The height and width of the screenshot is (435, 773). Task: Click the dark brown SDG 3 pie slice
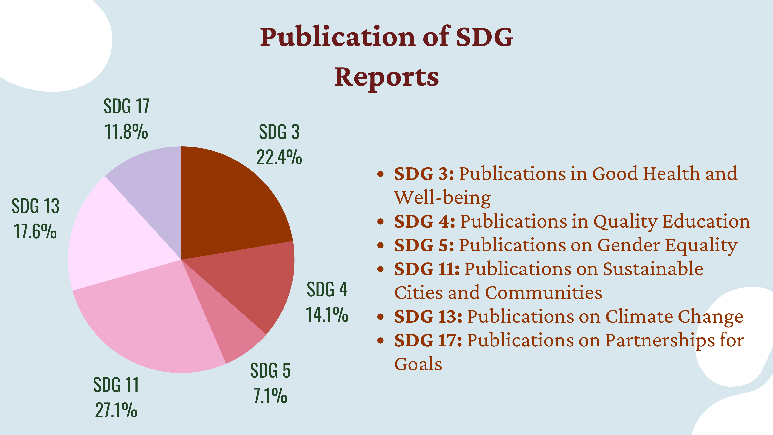228,204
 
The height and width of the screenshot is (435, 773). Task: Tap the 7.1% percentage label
270,396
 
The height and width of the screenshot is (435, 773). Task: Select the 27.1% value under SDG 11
116,410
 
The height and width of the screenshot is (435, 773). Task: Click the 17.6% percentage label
35,232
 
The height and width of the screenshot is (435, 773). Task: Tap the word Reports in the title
386,77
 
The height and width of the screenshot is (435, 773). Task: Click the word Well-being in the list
443,198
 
